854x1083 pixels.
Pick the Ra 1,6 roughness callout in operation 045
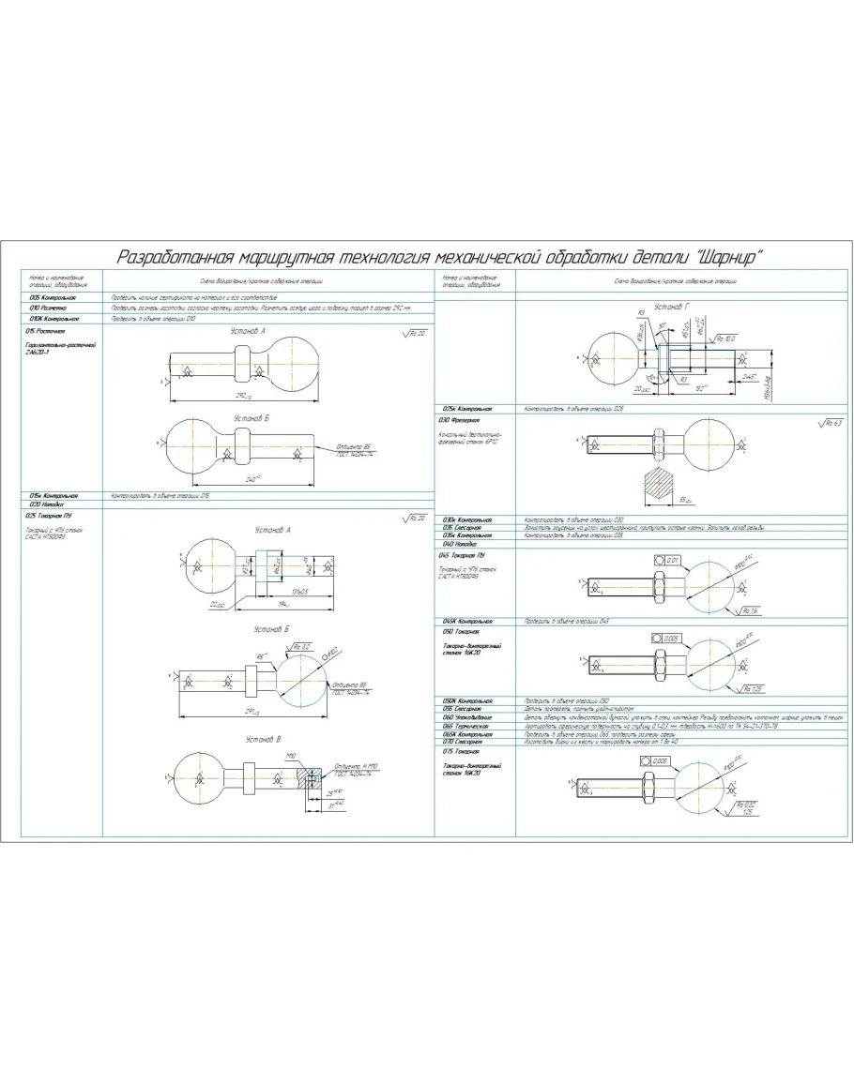click(748, 610)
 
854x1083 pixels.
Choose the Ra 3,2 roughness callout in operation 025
click(299, 647)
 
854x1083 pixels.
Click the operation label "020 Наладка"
click(43, 504)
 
